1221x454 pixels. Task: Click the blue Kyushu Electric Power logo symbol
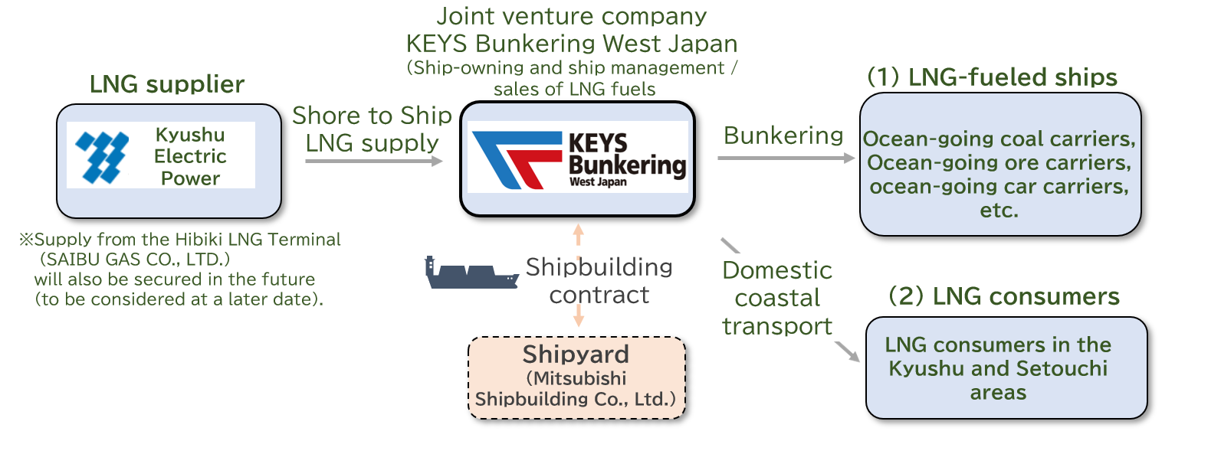101,157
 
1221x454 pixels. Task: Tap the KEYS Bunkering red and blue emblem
516,159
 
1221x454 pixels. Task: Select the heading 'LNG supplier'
167,84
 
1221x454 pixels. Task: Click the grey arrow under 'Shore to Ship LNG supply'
373,161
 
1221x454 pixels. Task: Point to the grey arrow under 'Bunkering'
786,158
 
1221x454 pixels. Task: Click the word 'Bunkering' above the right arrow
783,136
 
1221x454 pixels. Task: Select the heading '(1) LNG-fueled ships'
992,77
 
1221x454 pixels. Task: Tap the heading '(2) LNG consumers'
1003,296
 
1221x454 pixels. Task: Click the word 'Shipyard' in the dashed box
576,354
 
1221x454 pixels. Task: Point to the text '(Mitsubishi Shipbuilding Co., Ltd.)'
576,389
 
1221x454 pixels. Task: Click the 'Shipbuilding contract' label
599,281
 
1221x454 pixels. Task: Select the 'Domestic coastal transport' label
776,298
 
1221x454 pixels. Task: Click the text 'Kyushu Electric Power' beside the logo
190,156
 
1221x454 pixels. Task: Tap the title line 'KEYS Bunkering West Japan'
572,44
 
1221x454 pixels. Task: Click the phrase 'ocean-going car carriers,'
999,187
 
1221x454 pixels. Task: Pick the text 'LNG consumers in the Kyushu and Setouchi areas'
998,368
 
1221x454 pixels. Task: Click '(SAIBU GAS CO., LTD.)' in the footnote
135,260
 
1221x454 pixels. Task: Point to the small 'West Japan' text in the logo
598,182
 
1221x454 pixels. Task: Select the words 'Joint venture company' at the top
572,16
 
